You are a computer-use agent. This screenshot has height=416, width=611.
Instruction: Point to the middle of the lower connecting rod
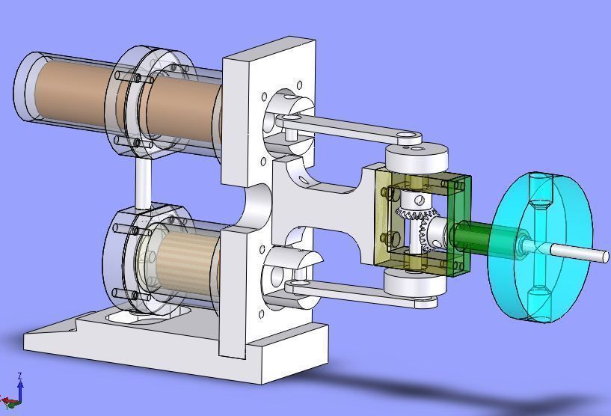[351, 293]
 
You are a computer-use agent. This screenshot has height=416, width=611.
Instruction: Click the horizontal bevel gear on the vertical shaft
[415, 216]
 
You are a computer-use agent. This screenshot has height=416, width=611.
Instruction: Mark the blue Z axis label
[19, 376]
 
